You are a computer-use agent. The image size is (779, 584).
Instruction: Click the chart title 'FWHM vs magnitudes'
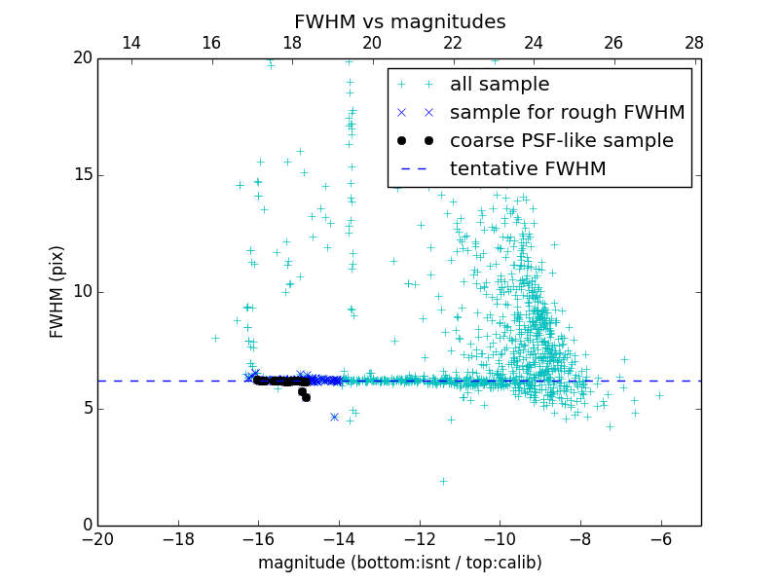pos(399,21)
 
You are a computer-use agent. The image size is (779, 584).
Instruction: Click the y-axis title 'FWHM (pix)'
pos(57,291)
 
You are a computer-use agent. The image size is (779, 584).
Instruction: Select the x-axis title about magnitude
pos(399,563)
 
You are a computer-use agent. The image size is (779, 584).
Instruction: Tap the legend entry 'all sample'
pos(500,85)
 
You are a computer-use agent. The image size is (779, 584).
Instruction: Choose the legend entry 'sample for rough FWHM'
pos(567,113)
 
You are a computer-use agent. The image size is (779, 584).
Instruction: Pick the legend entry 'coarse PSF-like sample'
pos(561,141)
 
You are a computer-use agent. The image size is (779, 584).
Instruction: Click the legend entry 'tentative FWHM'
pos(528,169)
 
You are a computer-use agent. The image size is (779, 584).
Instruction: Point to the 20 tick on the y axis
pos(82,58)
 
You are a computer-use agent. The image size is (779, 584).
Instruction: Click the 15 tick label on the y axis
pos(82,175)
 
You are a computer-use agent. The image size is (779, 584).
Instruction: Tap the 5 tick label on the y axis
pos(87,409)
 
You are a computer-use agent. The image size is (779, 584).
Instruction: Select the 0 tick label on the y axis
pos(87,526)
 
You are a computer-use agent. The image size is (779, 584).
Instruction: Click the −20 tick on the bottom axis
pos(97,537)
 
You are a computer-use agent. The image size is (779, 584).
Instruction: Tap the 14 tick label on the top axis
pos(131,43)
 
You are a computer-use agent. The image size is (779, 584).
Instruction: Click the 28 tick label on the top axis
pos(693,43)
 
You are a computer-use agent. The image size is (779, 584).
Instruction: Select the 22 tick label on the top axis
pos(453,43)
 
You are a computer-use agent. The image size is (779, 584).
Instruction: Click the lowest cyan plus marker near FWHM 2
pos(443,481)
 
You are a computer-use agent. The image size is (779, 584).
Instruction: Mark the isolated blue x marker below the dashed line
pos(334,417)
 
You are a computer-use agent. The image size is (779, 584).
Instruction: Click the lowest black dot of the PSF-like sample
pos(306,397)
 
